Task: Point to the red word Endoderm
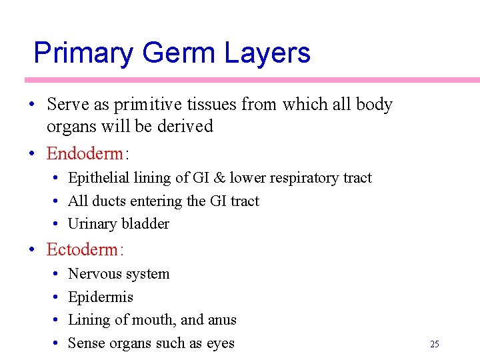coord(85,154)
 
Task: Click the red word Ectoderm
coord(85,250)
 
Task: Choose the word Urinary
coord(92,224)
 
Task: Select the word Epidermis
coord(101,297)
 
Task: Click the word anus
coord(222,321)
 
